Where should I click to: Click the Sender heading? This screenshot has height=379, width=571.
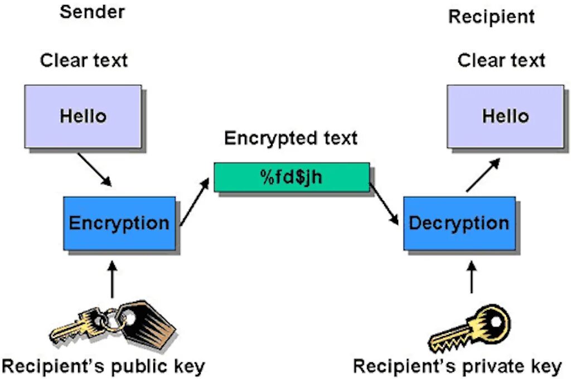92,12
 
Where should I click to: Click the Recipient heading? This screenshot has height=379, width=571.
491,17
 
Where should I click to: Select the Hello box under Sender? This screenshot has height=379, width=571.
83,116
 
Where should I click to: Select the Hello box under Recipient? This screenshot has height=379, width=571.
505,116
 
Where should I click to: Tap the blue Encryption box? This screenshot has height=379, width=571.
119,223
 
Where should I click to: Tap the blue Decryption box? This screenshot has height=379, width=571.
459,223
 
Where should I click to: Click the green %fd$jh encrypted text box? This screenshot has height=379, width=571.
292,177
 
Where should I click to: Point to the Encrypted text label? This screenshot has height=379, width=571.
291,138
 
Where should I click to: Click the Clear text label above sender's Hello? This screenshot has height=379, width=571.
84,60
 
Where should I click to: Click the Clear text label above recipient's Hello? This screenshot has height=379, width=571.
501,60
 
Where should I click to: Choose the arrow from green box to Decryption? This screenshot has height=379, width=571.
384,203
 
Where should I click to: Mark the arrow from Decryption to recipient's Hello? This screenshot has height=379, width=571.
483,174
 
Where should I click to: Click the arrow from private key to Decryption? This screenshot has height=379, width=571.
472,277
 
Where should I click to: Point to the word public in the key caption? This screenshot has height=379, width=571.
141,367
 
